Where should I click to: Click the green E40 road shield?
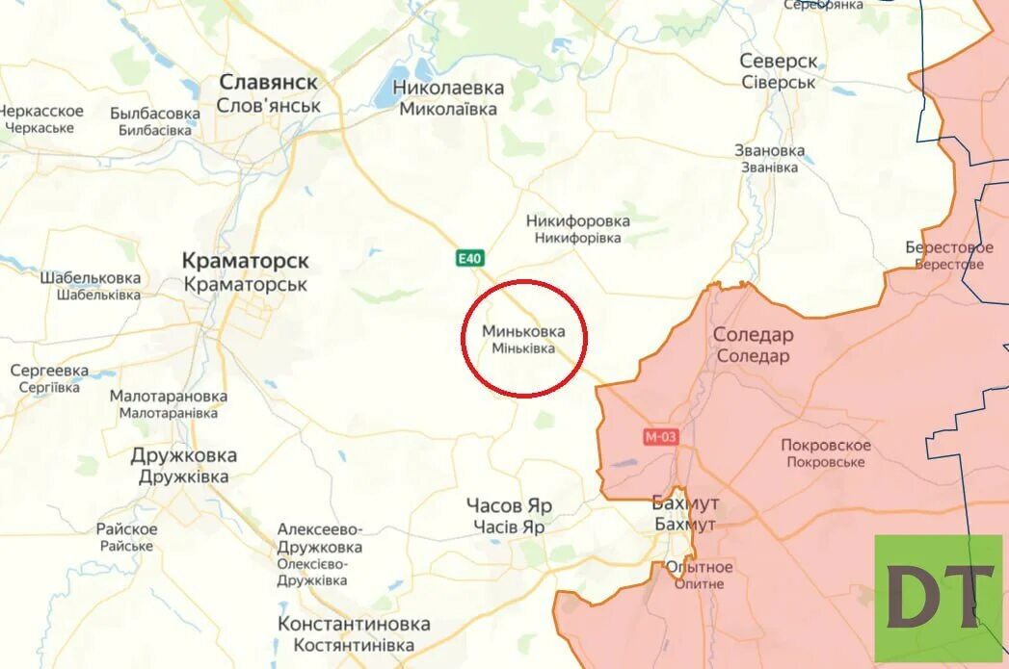(x=470, y=258)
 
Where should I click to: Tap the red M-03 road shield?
(x=661, y=437)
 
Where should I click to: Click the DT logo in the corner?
(x=939, y=598)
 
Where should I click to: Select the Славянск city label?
(x=268, y=83)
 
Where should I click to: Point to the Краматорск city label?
(x=246, y=261)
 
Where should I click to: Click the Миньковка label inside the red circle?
(x=524, y=331)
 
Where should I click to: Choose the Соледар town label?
(x=753, y=335)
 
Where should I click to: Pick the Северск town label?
(x=779, y=61)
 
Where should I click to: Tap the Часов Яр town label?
(x=509, y=506)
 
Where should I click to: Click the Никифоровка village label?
(x=578, y=221)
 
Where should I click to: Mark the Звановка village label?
(x=769, y=151)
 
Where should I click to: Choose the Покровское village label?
(x=825, y=445)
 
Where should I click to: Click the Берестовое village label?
(x=948, y=247)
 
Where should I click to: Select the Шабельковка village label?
(x=91, y=278)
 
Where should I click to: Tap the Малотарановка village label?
(x=169, y=396)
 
